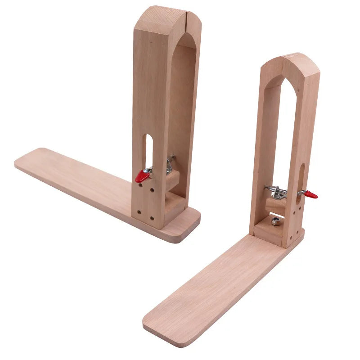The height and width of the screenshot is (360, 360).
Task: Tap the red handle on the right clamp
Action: tap(310, 194)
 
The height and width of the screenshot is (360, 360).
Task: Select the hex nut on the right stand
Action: tap(275, 221)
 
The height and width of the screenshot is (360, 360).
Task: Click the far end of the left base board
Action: tap(27, 161)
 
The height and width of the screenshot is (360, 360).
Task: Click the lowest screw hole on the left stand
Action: tap(152, 219)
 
